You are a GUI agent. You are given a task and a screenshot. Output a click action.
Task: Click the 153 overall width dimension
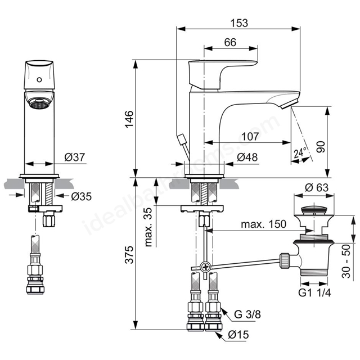click(x=239, y=23)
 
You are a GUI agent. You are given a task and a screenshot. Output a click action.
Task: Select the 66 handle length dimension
click(x=230, y=42)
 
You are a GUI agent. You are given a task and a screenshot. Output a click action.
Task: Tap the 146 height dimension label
click(x=129, y=119)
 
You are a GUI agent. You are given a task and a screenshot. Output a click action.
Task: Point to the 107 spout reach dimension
click(x=250, y=137)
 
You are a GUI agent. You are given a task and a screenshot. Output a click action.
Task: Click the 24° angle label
click(x=300, y=152)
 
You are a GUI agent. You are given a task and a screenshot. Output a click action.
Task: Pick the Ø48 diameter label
click(x=247, y=157)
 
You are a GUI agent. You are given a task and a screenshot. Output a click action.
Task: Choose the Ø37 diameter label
click(x=75, y=157)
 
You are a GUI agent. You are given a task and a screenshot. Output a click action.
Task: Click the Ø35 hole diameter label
click(x=81, y=196)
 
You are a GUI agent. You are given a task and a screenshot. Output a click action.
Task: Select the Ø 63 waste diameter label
click(x=317, y=187)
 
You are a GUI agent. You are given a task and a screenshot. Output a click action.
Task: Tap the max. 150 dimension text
click(x=264, y=224)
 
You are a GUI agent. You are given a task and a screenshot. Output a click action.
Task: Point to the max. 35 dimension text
click(x=148, y=227)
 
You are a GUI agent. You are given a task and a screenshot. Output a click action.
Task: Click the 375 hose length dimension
click(x=129, y=255)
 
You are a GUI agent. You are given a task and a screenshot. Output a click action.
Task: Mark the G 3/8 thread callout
click(x=247, y=314)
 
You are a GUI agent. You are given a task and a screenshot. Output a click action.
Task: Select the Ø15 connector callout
click(x=238, y=335)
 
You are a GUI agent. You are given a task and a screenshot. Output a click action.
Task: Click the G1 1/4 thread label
click(x=314, y=292)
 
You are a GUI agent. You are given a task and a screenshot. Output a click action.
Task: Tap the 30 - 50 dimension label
click(x=346, y=262)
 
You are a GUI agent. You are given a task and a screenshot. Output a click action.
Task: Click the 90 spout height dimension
click(x=321, y=147)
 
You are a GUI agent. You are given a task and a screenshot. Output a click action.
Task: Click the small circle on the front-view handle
click(x=39, y=80)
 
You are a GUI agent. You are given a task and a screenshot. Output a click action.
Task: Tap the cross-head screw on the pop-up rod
click(x=205, y=267)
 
